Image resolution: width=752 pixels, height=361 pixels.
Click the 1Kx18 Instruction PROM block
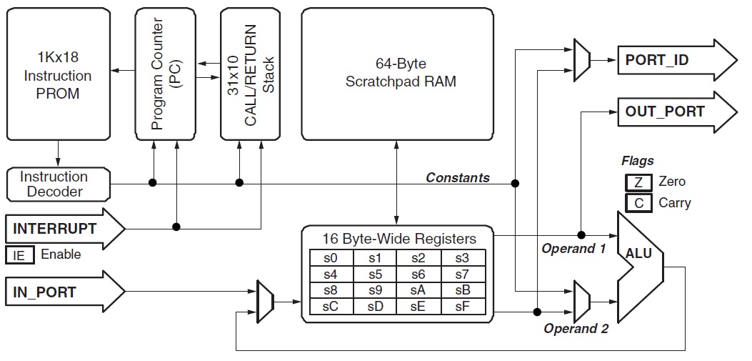(x=58, y=74)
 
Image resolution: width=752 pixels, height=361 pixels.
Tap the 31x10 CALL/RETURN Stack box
(x=249, y=74)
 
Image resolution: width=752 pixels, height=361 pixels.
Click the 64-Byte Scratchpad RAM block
(x=397, y=74)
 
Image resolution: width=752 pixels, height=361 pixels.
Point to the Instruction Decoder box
(x=54, y=184)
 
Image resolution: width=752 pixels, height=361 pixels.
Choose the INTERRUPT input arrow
(x=64, y=229)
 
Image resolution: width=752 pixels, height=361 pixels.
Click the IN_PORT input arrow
(x=64, y=291)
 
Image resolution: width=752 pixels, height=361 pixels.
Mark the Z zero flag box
(x=638, y=182)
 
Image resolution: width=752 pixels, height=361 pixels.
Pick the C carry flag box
(x=638, y=203)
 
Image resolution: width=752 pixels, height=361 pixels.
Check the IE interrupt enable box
(x=19, y=254)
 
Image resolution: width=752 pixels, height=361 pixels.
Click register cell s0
(x=331, y=257)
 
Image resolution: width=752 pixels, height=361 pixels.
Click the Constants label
(x=458, y=177)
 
